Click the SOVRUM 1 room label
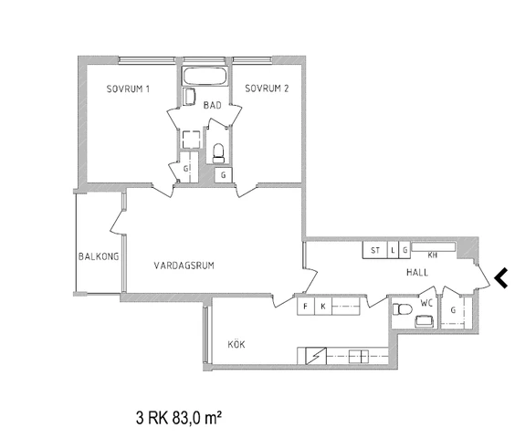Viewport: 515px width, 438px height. (x=128, y=89)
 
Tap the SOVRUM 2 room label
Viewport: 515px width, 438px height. (x=267, y=89)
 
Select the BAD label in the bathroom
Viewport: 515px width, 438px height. (x=212, y=105)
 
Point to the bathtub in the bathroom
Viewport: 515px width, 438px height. (x=205, y=76)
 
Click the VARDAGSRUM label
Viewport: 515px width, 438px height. (x=184, y=266)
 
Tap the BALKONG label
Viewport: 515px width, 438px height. (x=99, y=256)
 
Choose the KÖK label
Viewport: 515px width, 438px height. (x=236, y=344)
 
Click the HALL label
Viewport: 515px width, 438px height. (x=417, y=272)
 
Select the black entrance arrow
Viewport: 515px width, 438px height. (x=501, y=278)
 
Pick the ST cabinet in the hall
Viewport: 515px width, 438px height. (x=375, y=250)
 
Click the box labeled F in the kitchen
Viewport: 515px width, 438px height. (x=306, y=307)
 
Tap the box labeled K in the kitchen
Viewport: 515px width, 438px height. (x=323, y=307)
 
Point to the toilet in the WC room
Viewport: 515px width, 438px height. (x=402, y=309)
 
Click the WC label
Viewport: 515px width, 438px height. (x=426, y=303)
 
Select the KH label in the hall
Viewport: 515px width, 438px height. (x=432, y=255)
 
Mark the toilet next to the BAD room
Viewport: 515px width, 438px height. (x=218, y=153)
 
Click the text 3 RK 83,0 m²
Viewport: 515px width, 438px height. (x=178, y=418)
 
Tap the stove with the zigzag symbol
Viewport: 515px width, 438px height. (x=316, y=356)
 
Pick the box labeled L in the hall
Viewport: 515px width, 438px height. (x=393, y=250)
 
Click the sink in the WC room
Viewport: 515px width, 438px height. (x=424, y=321)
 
